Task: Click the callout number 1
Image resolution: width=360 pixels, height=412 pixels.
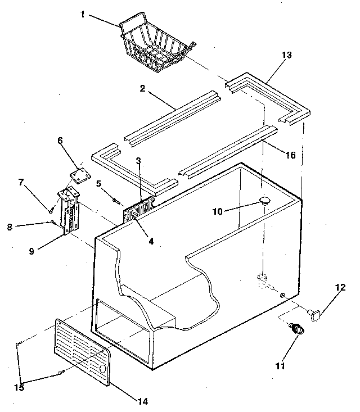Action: point(82,14)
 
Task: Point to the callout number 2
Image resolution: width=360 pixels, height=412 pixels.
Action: point(143,89)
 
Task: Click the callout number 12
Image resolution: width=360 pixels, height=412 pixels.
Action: point(340,288)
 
